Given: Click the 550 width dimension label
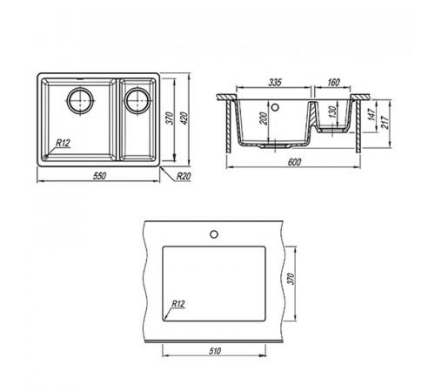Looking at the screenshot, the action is pos(99,176).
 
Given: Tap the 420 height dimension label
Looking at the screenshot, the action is pos(184,118).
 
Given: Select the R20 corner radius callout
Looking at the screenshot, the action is pos(184,176).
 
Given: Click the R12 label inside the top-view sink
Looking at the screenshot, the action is pos(63,143).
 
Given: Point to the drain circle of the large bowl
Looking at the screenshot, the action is pos(80,100).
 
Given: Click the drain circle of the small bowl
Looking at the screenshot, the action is pos(137,100).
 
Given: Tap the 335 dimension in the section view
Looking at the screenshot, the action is pos(275,83).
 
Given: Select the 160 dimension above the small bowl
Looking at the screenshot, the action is pos(333,83).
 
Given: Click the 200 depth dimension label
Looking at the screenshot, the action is pos(264,118).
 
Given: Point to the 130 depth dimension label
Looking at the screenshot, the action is pos(333,112).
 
